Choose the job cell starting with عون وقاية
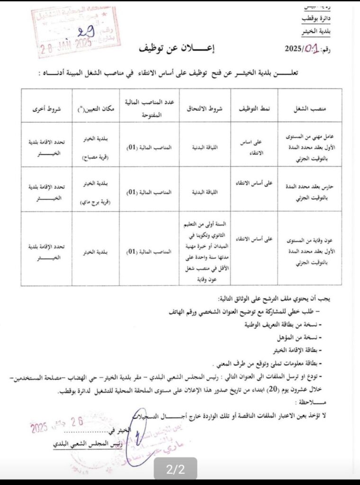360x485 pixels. tap(308, 248)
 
